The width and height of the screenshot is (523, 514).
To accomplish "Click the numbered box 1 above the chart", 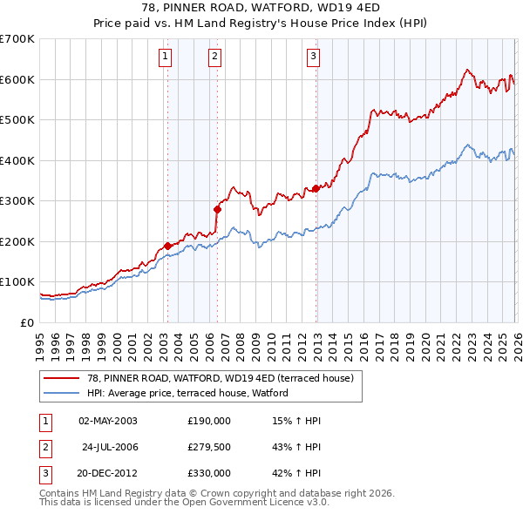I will point(166,57).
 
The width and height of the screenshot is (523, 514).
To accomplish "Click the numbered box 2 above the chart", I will point(214,57).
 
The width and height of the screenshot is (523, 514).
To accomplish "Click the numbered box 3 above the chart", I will point(313,57).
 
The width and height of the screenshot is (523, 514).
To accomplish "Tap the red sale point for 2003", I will point(167,246).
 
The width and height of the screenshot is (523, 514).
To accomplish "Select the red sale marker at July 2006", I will point(217,209).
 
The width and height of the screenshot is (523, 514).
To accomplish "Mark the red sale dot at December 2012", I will point(316,188).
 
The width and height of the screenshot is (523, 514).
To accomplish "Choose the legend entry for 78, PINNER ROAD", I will point(219,378).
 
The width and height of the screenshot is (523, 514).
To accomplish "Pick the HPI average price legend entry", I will point(193,394).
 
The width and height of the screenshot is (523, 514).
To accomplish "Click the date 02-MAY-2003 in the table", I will point(108,421).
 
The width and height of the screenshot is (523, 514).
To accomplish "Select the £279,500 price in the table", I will point(209,447).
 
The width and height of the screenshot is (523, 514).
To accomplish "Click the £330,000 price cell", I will point(209,473).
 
